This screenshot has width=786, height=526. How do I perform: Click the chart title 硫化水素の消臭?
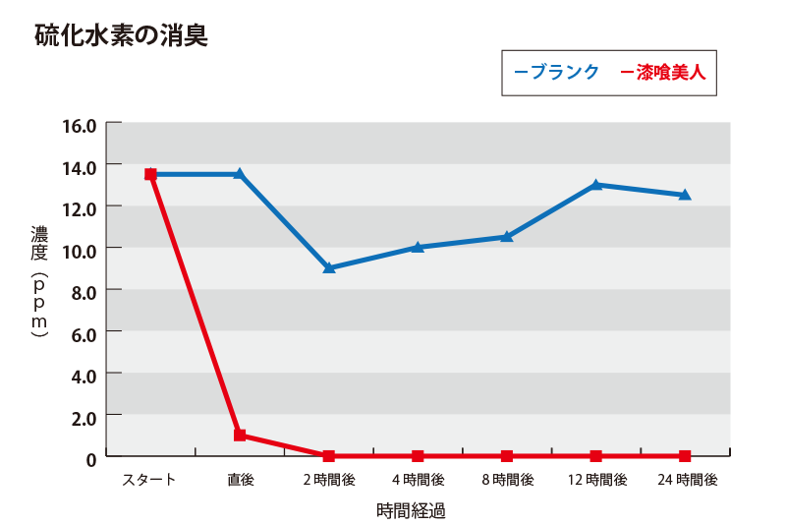coord(121,36)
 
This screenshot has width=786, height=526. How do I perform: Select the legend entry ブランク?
coord(563,72)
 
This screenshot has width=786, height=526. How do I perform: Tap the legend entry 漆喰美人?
coord(671,72)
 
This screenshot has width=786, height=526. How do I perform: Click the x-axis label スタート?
coord(149,480)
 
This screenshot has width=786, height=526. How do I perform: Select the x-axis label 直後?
coord(240,480)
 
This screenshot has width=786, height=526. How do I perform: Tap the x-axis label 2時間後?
coord(328,480)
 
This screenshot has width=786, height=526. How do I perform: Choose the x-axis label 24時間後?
coord(685,480)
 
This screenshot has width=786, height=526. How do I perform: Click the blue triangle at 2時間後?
coord(329,267)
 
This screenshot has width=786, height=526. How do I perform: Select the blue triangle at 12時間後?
coord(596,184)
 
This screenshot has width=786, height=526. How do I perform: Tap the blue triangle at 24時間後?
coord(685,195)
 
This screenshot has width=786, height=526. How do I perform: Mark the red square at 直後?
coord(240,435)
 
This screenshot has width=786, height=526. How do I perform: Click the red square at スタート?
coord(150,174)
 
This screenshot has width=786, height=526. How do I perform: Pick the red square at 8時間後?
coord(507,456)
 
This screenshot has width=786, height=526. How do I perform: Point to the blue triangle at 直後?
coord(240,173)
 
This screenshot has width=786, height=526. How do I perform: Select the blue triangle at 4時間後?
coord(418,247)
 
